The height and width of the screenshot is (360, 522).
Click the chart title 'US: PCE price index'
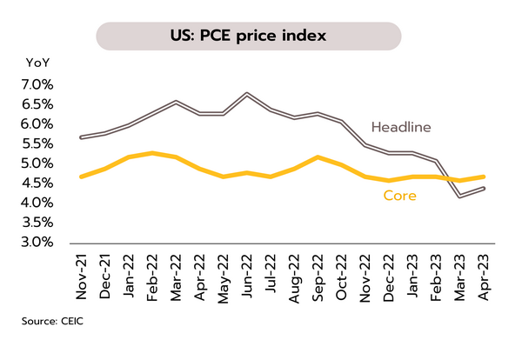point(248,37)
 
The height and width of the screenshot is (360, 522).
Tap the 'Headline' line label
point(401,127)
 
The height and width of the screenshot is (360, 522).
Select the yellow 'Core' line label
point(399,196)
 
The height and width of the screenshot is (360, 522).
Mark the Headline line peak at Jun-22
point(247,93)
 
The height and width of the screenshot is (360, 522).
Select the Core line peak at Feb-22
point(153,153)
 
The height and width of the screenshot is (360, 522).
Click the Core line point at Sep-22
point(318,157)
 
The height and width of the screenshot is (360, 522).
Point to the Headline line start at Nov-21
point(82,137)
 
